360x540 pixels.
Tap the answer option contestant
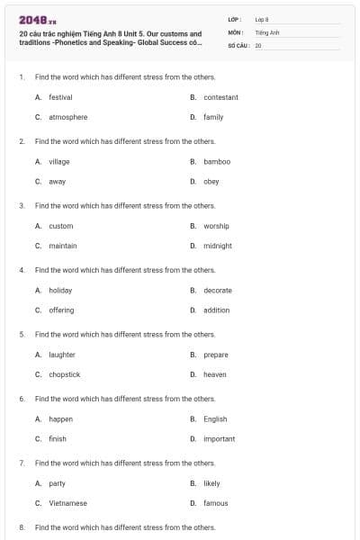220,97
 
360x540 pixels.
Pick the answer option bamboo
217,162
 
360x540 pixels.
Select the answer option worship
216,226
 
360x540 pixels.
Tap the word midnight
218,246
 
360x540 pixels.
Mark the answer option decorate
218,291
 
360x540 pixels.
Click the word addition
217,310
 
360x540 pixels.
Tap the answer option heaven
215,374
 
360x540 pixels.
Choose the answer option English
215,419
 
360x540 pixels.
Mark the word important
220,439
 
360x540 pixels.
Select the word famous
216,503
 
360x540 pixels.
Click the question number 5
22,334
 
